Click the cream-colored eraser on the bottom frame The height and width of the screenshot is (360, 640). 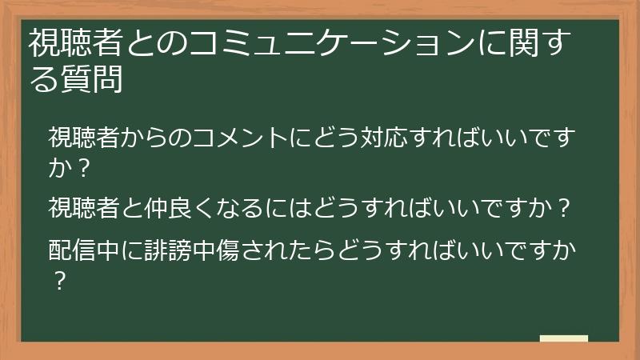pyautogui.click(x=563, y=339)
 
